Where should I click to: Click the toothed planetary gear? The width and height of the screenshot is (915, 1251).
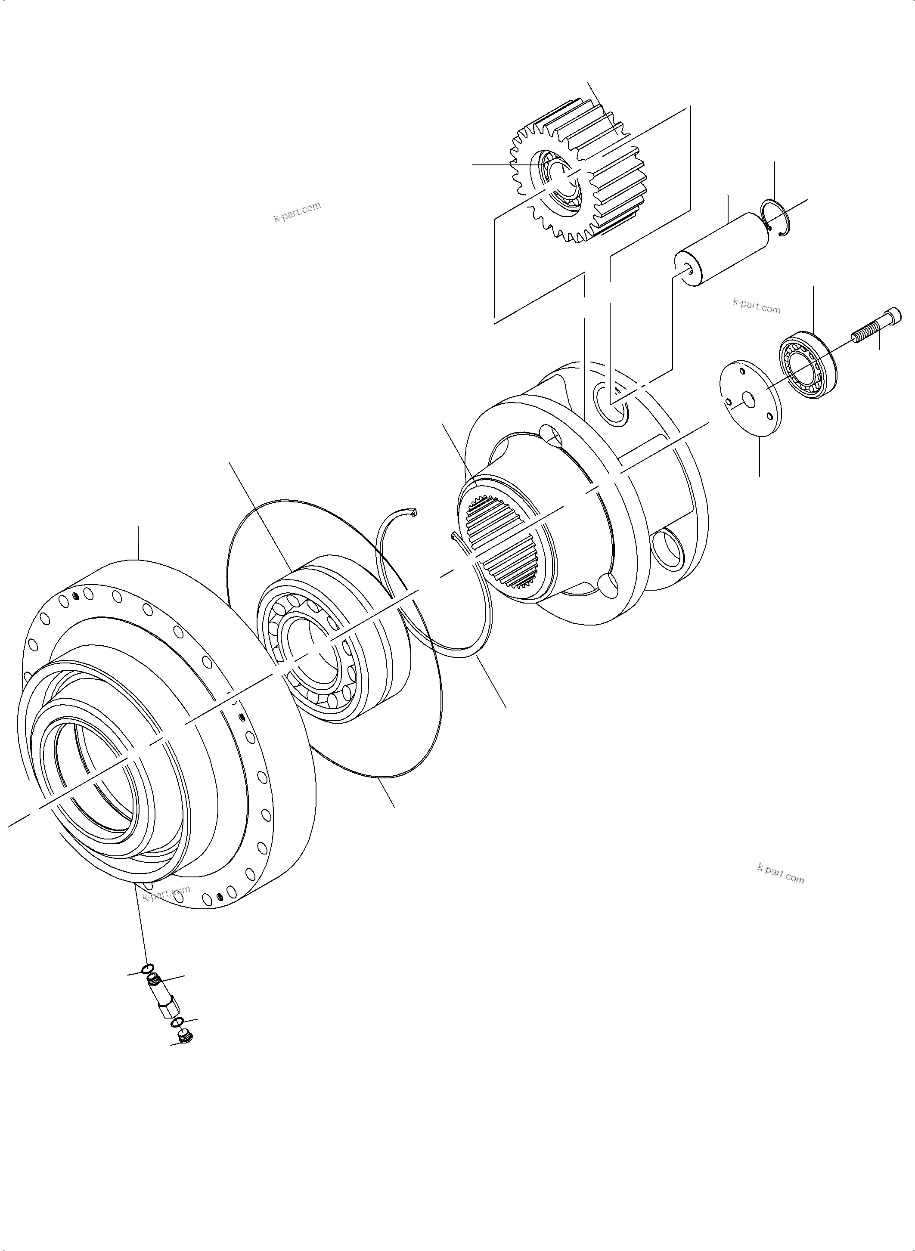tap(609, 166)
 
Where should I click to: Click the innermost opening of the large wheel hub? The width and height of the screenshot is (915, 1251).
tap(94, 781)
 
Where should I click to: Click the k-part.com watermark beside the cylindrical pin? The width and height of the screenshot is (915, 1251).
tap(756, 306)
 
